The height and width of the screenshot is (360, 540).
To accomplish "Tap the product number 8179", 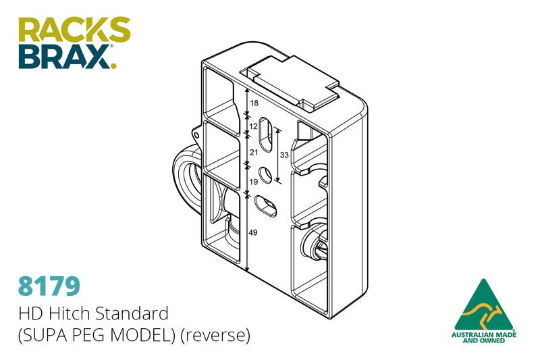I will (x=49, y=285).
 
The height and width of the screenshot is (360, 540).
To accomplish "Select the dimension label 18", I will (x=254, y=103).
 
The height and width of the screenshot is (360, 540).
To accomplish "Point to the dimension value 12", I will (x=254, y=126).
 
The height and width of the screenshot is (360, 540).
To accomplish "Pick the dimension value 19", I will (x=254, y=182).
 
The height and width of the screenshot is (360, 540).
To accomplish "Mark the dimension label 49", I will (x=254, y=233).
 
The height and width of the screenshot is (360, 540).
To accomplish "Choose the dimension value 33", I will (x=284, y=155).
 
